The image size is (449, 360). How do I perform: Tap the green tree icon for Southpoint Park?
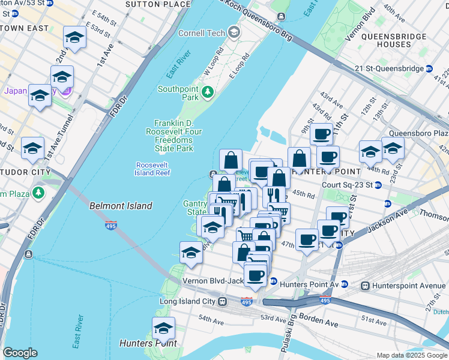208,92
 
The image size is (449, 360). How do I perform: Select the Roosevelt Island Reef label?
153,169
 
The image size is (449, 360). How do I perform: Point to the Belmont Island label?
121,206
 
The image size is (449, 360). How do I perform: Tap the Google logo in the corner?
20,353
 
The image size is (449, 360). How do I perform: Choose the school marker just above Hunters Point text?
163,328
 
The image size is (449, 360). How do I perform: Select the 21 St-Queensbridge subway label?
397,68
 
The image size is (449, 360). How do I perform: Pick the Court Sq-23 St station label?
346,185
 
